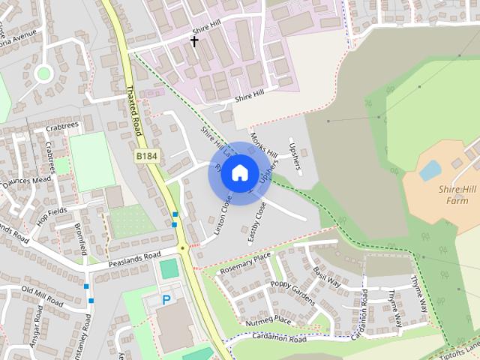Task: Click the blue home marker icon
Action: click(238, 173)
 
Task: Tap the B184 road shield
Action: click(146, 155)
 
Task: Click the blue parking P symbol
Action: click(166, 300)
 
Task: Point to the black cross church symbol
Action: click(194, 41)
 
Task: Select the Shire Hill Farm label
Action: click(458, 195)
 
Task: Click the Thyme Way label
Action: click(418, 294)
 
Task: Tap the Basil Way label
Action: click(327, 277)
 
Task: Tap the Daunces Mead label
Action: click(25, 180)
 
